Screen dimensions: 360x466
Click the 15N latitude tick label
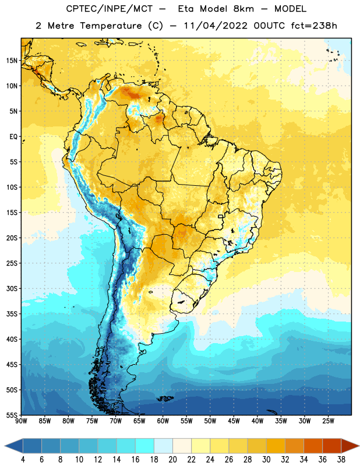[12, 61]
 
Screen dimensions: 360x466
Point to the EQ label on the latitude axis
[13, 137]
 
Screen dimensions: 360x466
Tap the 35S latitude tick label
[12, 314]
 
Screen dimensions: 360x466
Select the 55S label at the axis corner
[12, 415]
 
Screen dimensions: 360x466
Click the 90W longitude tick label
[21, 421]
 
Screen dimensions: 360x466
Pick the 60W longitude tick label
[163, 421]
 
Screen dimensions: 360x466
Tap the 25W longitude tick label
[328, 421]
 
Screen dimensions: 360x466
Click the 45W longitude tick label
[234, 421]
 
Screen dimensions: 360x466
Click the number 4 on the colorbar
[23, 460]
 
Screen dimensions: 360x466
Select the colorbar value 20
[172, 460]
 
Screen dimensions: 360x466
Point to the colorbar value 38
[341, 460]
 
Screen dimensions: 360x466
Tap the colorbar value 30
[266, 460]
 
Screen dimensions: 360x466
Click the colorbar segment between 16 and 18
[145, 446]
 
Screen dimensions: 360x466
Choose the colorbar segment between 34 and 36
[313, 446]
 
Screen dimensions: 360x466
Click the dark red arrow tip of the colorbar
[358, 446]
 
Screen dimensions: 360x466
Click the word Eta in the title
[186, 9]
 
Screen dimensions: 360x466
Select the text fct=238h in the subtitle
[314, 26]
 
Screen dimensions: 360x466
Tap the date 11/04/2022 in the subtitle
[215, 26]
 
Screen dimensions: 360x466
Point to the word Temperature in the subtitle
[111, 26]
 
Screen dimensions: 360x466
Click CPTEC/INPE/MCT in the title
[109, 9]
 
